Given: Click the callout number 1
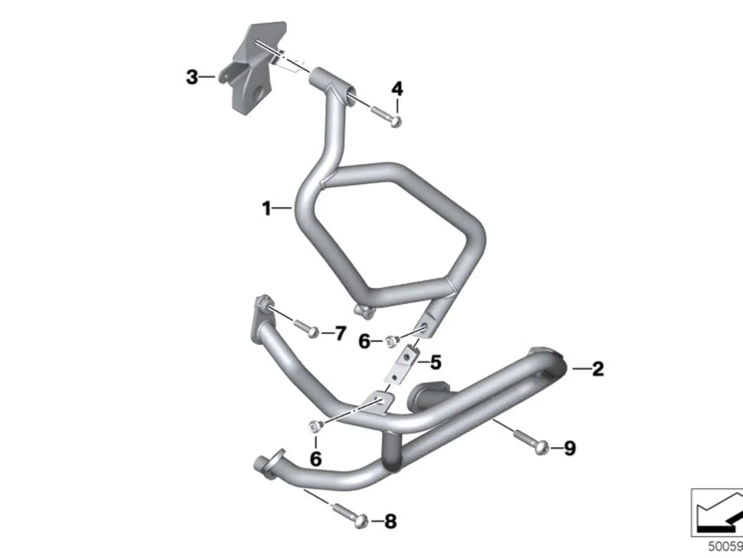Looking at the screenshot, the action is click(x=267, y=208).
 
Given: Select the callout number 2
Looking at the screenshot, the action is click(x=598, y=369).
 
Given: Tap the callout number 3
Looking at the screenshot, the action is click(x=192, y=77).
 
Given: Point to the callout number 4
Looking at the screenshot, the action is click(x=397, y=89).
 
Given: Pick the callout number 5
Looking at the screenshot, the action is click(x=436, y=363).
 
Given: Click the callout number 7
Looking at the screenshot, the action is click(x=340, y=333).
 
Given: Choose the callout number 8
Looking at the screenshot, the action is click(x=390, y=522).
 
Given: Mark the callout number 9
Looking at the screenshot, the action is click(x=570, y=448).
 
